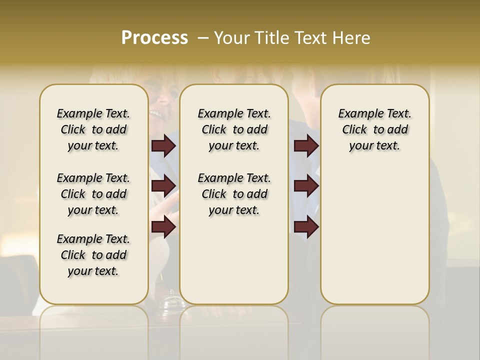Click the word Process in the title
click(154, 38)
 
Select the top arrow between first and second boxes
click(163, 145)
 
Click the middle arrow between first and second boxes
click(163, 186)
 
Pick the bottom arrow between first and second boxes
click(163, 227)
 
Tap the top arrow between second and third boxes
click(306, 145)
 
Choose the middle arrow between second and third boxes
click(306, 186)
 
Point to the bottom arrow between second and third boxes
click(306, 227)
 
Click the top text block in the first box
click(93, 129)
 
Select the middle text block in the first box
click(93, 194)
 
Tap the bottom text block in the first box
click(93, 255)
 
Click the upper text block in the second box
click(234, 129)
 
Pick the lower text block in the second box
click(234, 194)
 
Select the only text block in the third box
click(374, 129)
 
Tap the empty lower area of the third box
click(374, 235)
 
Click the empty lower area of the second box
click(234, 260)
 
